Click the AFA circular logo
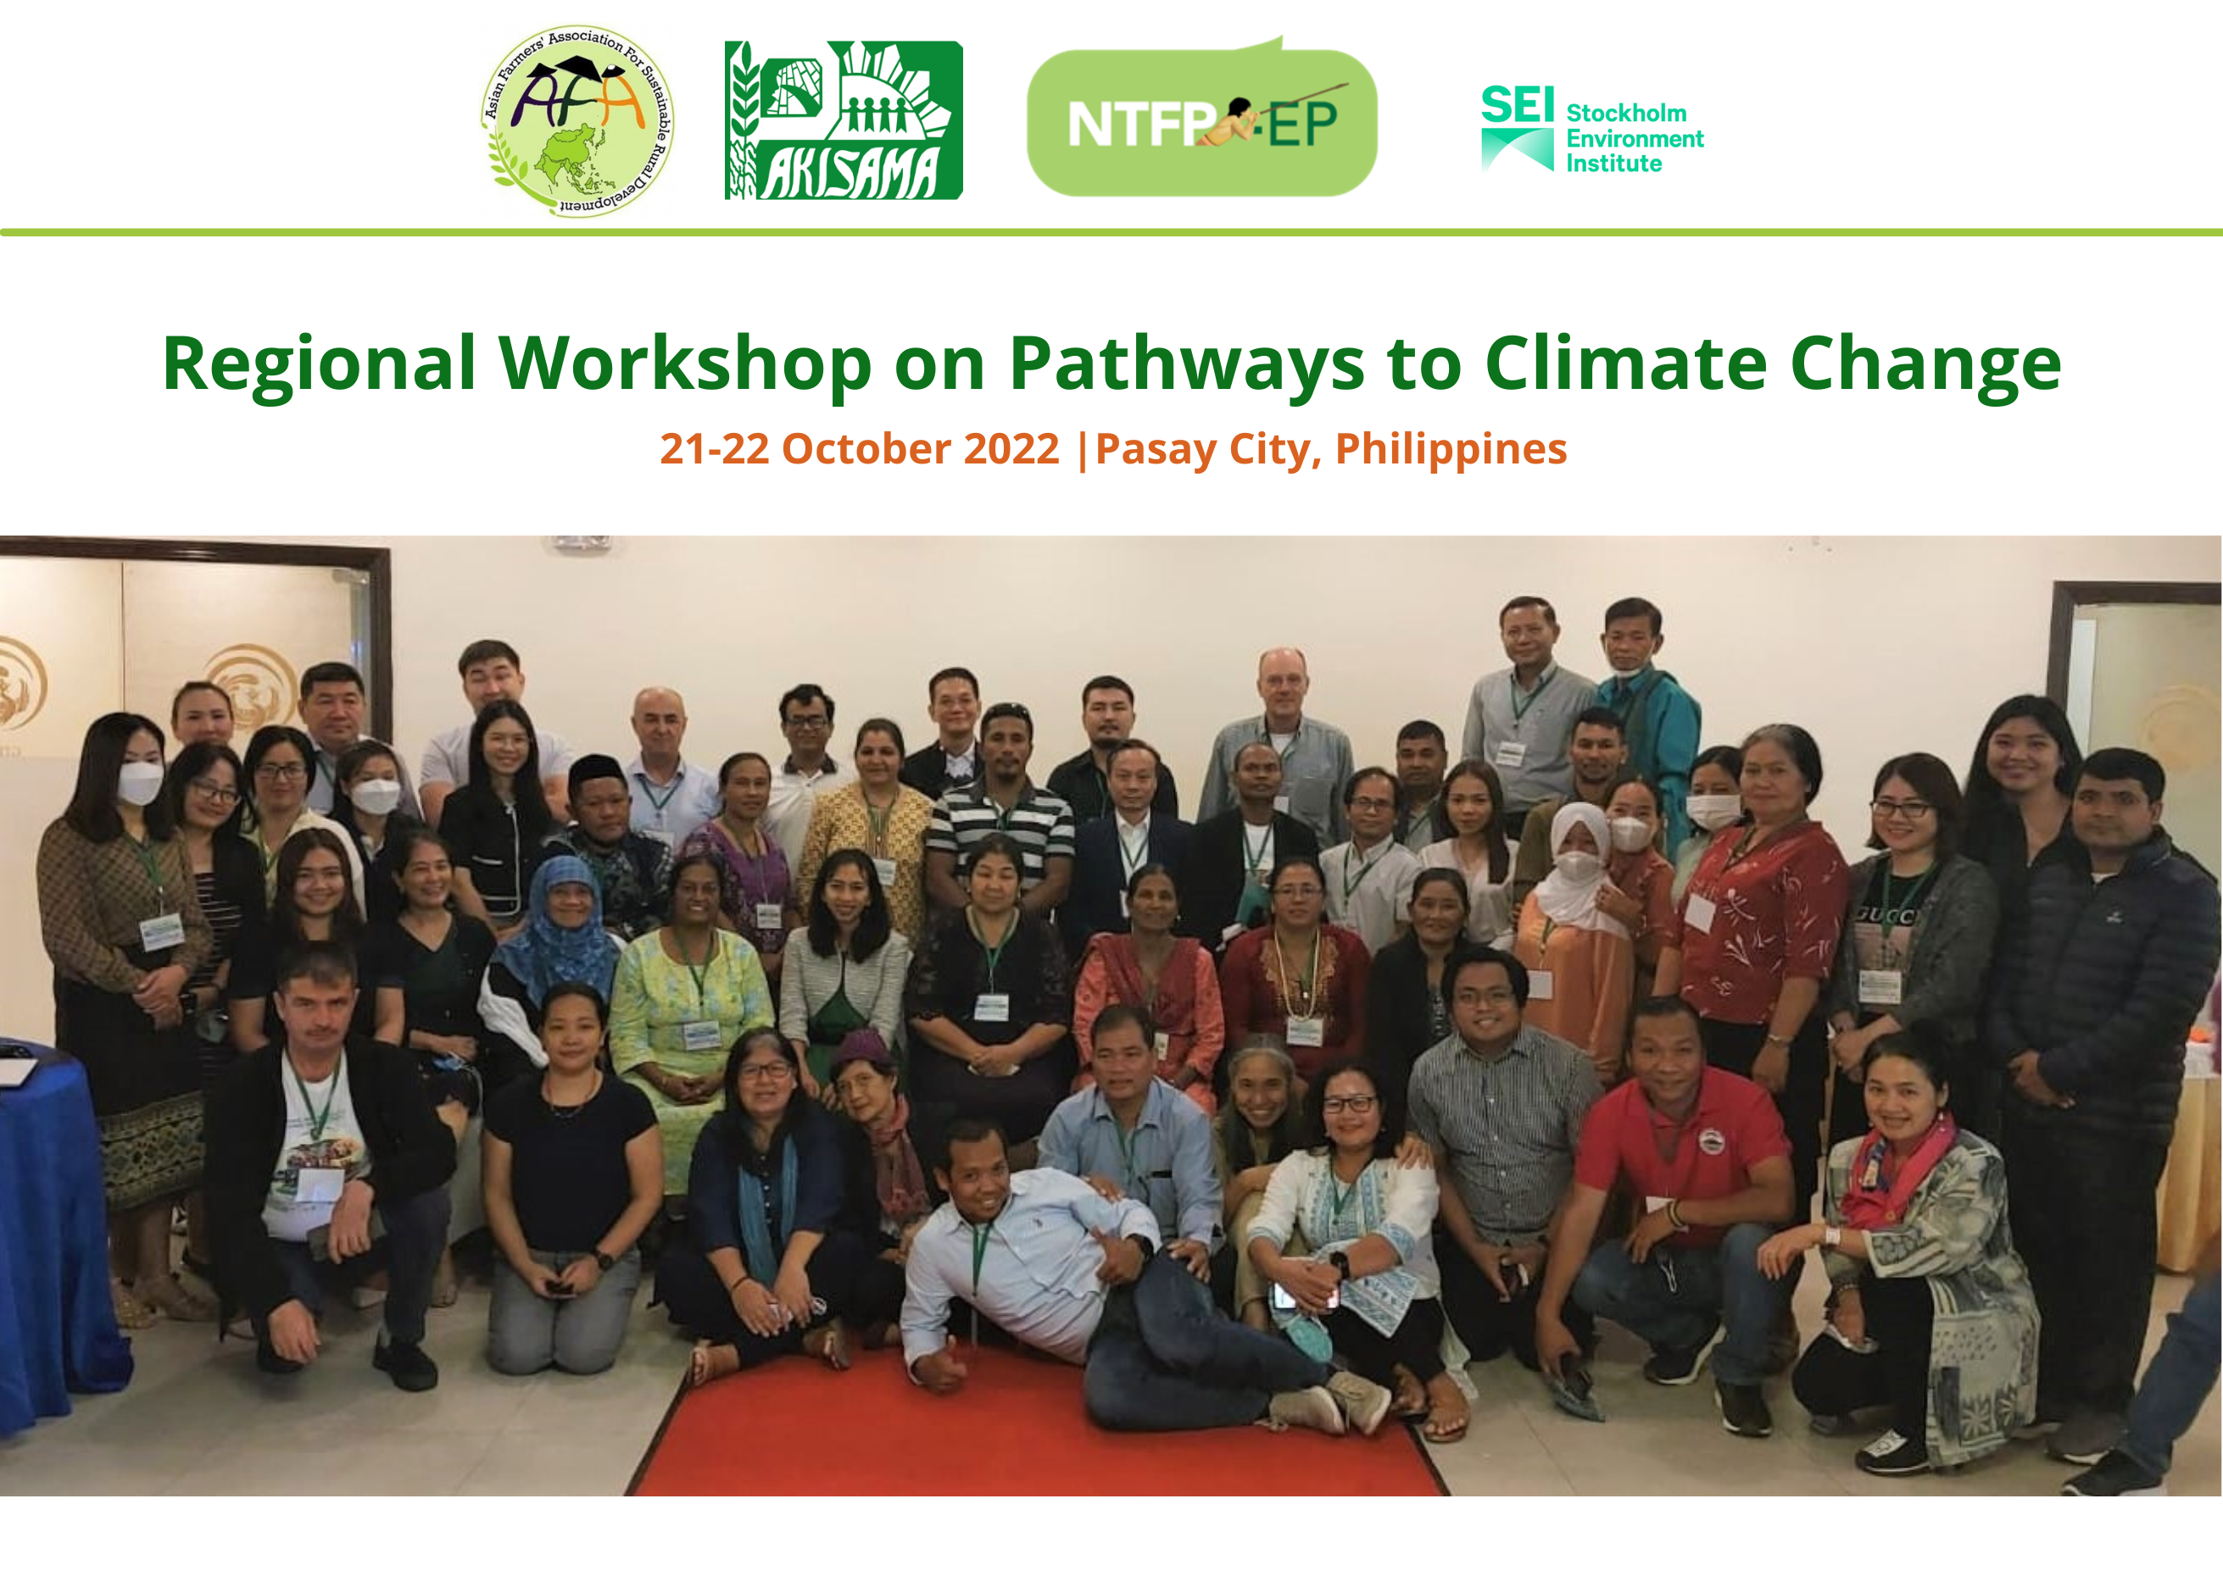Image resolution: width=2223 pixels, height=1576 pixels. coord(578,120)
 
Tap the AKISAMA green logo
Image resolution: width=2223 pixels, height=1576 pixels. coord(844,120)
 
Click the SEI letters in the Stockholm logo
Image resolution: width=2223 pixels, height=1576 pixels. coord(1518,105)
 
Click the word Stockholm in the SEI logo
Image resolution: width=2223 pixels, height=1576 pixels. coord(1626,114)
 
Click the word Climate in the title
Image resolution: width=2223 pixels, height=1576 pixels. coord(1626,363)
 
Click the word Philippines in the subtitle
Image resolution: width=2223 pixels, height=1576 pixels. coord(1451,450)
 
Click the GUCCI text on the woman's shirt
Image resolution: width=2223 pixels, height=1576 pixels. coord(1887,915)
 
